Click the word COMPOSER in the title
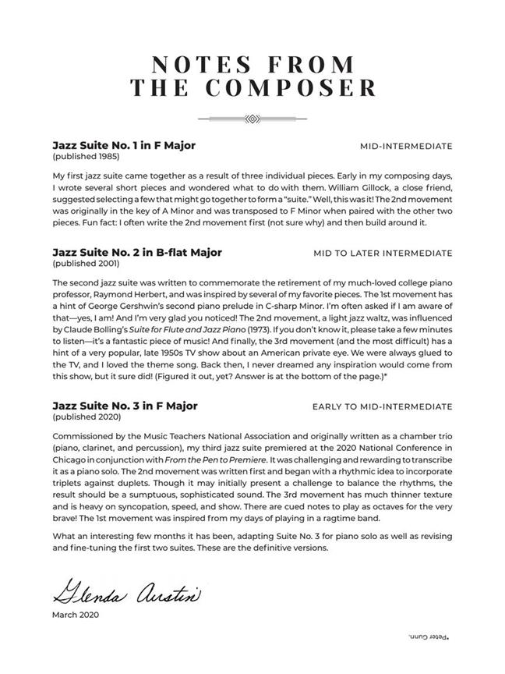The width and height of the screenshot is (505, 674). pos(299,87)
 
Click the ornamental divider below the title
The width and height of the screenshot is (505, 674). pos(252,119)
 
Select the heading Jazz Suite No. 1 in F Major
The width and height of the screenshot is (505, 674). pos(124,145)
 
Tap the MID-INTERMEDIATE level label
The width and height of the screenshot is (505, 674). pos(406,146)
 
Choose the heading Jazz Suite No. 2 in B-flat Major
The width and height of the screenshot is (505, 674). pos(137,253)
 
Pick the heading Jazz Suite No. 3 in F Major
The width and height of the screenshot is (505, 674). pos(125,406)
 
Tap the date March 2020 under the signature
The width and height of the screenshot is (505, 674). pos(76,615)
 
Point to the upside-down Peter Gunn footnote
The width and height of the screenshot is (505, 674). pos(430,637)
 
